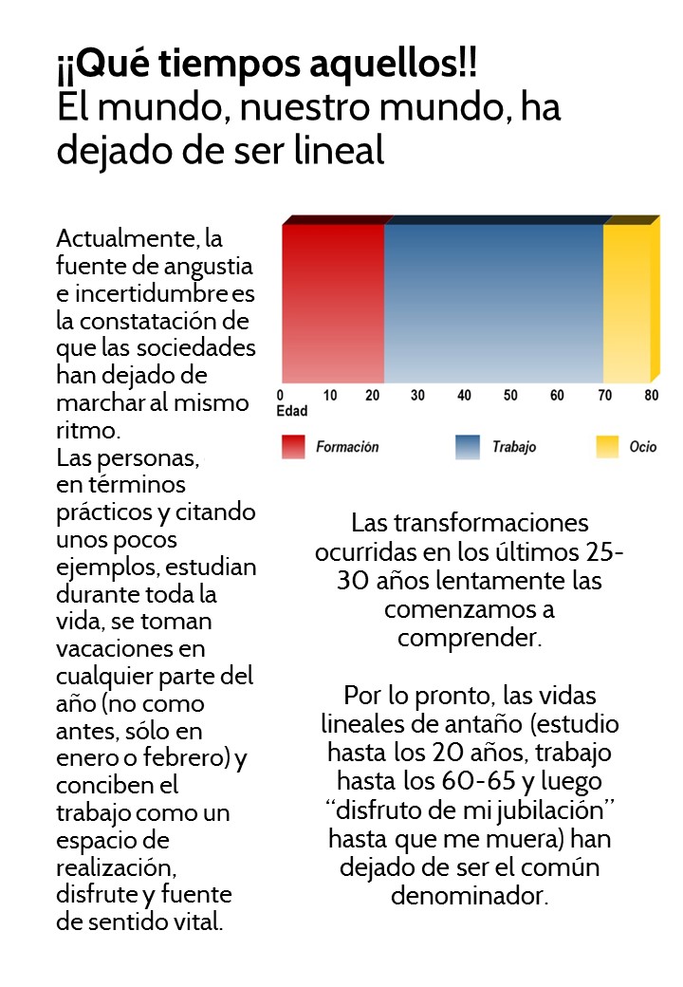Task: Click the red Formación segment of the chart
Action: tap(333, 302)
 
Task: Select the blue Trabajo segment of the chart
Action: tap(493, 302)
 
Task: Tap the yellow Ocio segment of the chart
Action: tap(627, 302)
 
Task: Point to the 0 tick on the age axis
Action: tap(280, 396)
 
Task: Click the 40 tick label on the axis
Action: tap(464, 396)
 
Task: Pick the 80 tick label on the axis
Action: tap(651, 396)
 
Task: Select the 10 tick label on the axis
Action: tap(330, 396)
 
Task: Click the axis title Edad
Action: tap(292, 412)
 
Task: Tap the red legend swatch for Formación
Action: tap(293, 447)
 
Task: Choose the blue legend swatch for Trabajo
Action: tap(469, 447)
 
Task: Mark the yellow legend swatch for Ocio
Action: tap(607, 447)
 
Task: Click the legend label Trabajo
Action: tap(513, 447)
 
